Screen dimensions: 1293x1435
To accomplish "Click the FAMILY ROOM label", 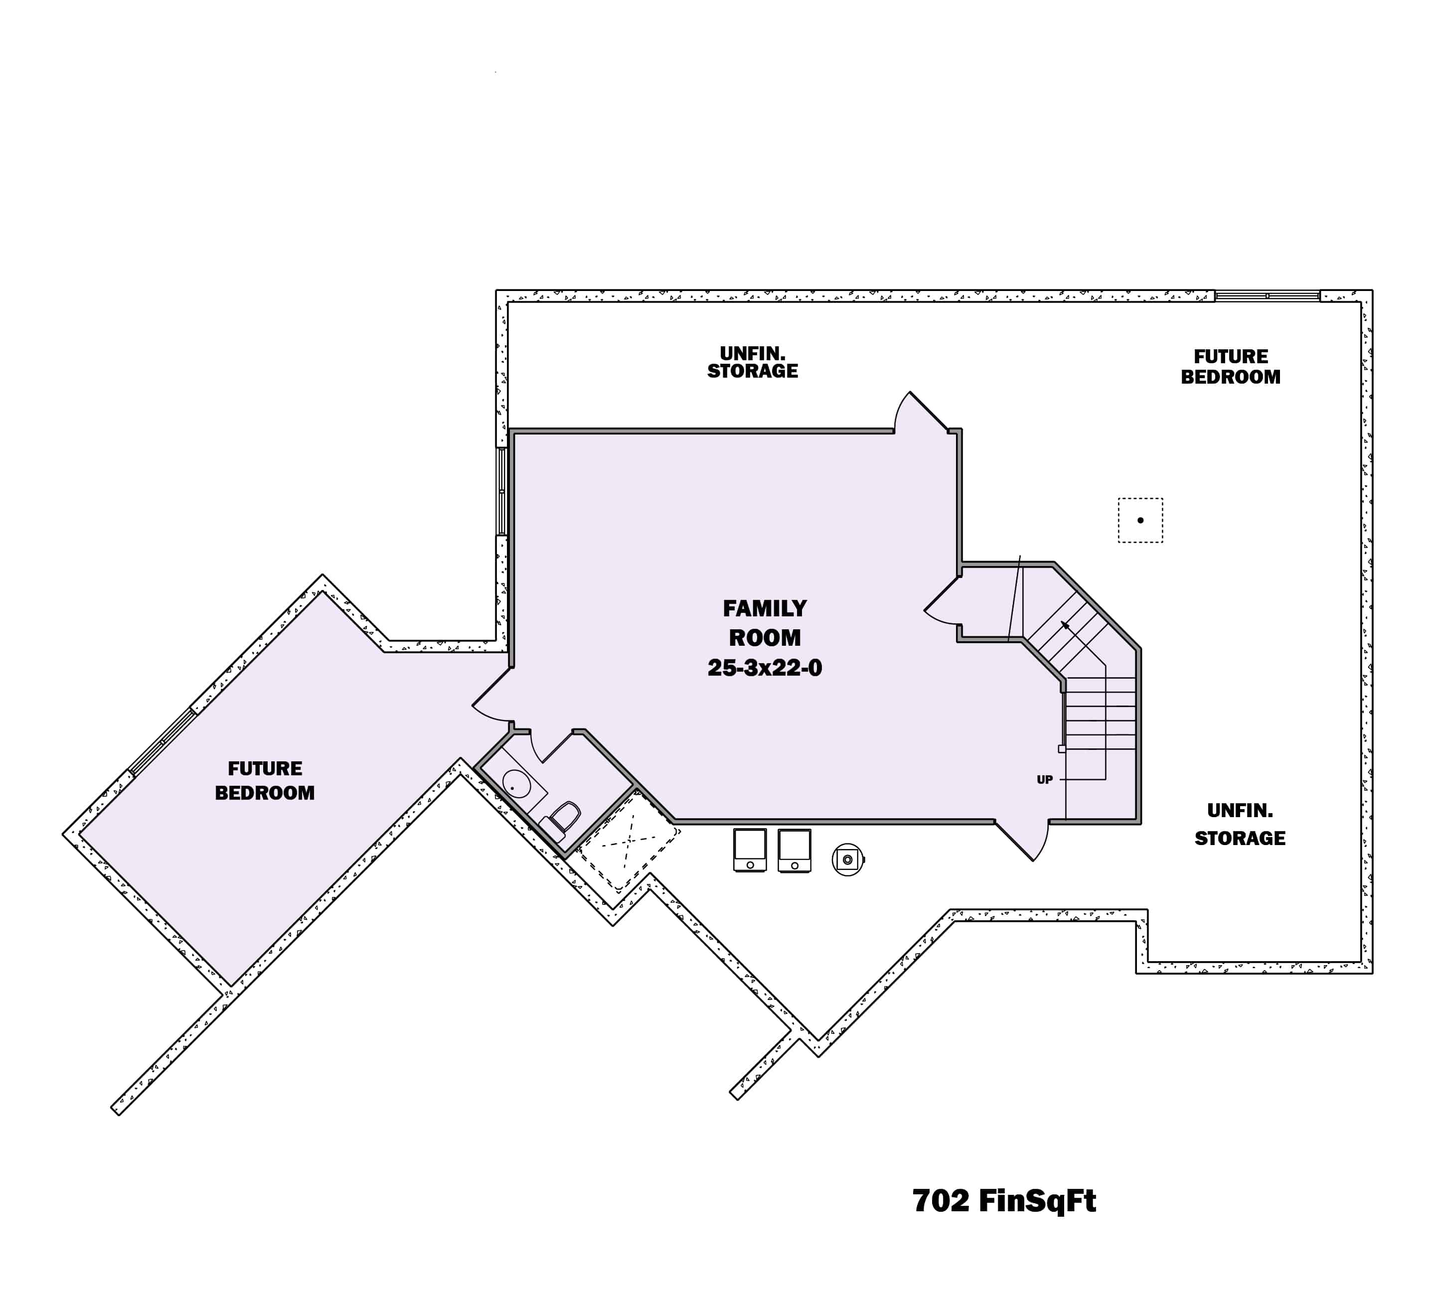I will coord(764,623).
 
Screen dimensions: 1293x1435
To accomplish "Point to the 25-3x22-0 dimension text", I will coord(764,668).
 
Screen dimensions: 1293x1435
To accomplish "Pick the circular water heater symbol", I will coord(847,860).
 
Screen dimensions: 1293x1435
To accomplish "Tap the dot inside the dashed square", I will coord(1140,520).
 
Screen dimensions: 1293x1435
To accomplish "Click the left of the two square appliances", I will coord(750,850).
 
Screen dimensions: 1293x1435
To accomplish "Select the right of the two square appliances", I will coord(795,850).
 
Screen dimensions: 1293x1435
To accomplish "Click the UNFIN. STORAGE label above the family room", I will coord(752,362).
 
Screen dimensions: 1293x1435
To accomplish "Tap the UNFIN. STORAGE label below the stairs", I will coord(1240,824).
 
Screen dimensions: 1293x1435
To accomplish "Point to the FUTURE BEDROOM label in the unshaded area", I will coord(1230,367).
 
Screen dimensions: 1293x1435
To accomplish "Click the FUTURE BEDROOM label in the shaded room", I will coord(264,780).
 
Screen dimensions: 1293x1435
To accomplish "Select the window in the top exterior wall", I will coord(1267,295).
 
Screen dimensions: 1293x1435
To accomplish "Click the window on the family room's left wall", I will coord(502,490).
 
